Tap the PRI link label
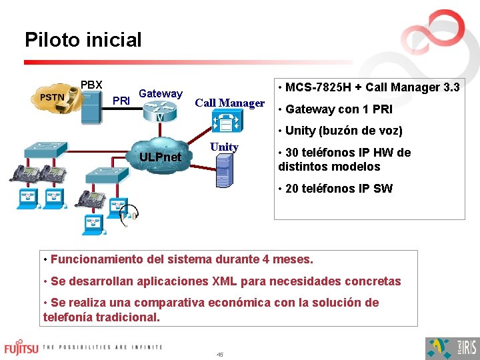pos(121,101)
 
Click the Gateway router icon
pos(160,111)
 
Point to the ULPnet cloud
pos(161,157)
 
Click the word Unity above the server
pos(224,147)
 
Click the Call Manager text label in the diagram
pos(229,103)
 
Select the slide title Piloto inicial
pos(83,40)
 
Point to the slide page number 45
pos(220,354)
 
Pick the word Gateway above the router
pos(161,94)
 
